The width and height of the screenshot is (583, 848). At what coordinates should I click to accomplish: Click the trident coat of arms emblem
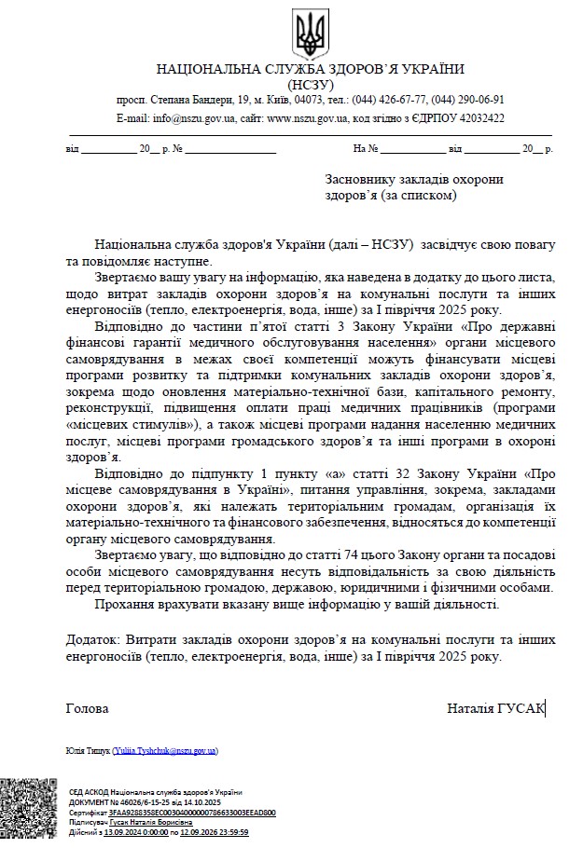(310, 33)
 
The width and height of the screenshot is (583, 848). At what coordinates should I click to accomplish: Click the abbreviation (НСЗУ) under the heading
(310, 84)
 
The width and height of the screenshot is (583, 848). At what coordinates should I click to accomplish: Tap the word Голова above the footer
(87, 708)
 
